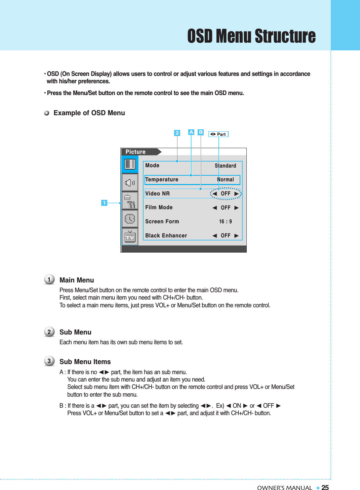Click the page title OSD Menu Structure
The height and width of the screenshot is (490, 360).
tap(251, 36)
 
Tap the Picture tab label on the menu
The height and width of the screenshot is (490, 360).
tap(136, 152)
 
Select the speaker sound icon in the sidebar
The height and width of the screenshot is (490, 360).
tap(130, 183)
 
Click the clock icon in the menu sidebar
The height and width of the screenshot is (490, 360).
tap(130, 219)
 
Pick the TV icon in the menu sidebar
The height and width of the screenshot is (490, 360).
tap(130, 237)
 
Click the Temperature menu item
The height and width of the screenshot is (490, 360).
tap(162, 180)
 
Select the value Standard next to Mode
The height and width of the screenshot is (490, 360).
tap(225, 166)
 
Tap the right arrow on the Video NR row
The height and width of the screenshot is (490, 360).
tap(237, 194)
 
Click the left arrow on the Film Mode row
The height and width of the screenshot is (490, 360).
tap(214, 208)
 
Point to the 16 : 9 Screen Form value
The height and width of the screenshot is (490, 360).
tap(225, 222)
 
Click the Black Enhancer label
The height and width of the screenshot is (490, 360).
tap(166, 236)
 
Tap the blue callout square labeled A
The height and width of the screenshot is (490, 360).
tap(191, 132)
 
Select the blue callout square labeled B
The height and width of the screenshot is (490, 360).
tap(201, 132)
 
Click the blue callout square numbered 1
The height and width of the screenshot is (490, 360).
tap(104, 203)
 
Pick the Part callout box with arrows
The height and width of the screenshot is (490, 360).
tap(218, 134)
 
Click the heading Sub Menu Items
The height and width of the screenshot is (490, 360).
tap(85, 362)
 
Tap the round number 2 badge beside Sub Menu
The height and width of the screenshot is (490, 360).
tap(49, 332)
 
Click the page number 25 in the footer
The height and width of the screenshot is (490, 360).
tap(325, 488)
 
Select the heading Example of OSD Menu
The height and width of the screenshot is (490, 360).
tap(89, 113)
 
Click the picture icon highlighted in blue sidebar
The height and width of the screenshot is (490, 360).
tap(130, 164)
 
